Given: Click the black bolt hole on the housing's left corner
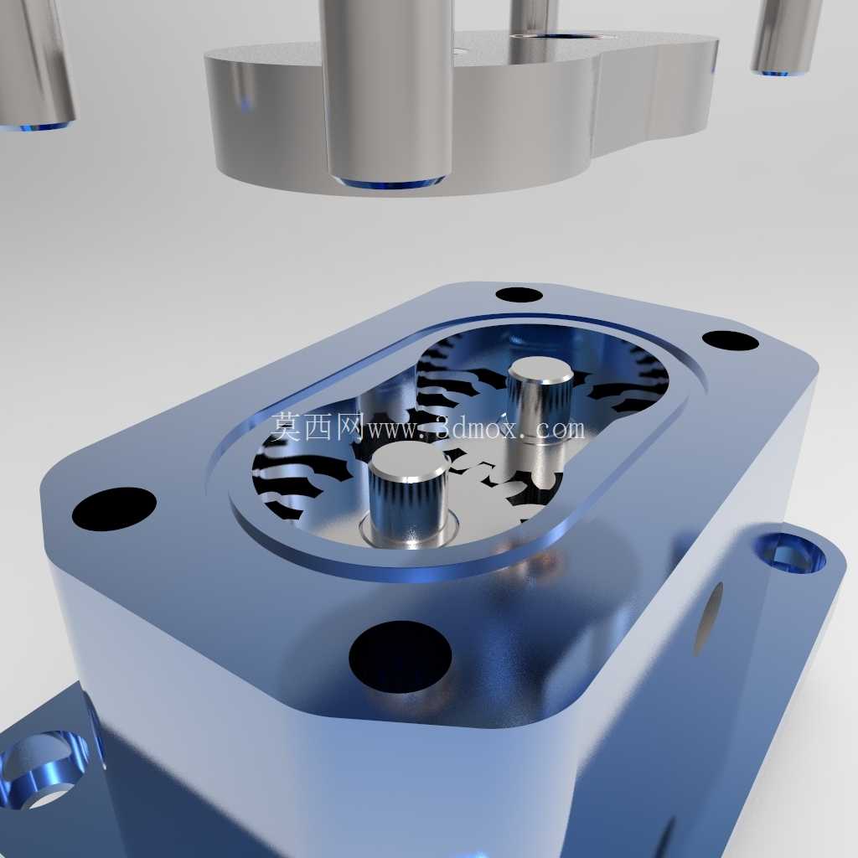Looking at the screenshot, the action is pyautogui.click(x=114, y=509).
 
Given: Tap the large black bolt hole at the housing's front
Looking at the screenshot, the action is pyautogui.click(x=400, y=657).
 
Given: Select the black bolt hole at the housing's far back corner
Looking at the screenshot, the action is pyautogui.click(x=519, y=294).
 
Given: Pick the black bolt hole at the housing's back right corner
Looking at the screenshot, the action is pyautogui.click(x=730, y=340).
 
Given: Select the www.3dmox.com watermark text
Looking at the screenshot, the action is pyautogui.click(x=476, y=429).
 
